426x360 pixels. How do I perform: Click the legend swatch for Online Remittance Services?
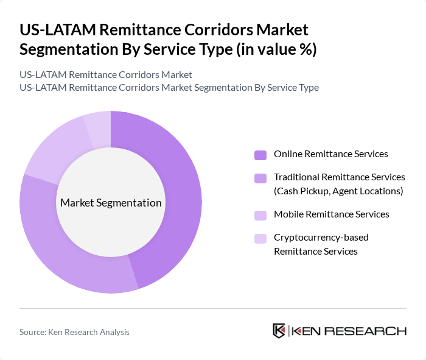point(260,155)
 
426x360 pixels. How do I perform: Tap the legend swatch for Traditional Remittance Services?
point(260,178)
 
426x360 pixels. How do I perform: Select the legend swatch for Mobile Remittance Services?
point(260,215)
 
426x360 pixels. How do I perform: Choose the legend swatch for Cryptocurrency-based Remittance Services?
point(260,238)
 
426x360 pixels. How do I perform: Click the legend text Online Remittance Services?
point(330,154)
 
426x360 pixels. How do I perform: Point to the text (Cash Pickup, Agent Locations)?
point(338,191)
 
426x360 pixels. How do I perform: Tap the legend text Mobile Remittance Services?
point(331,214)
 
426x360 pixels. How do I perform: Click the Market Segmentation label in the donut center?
point(111,203)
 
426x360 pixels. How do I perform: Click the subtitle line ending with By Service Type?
point(169,87)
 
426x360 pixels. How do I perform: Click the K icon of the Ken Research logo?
point(279,331)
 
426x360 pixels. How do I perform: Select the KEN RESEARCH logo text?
point(349,331)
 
